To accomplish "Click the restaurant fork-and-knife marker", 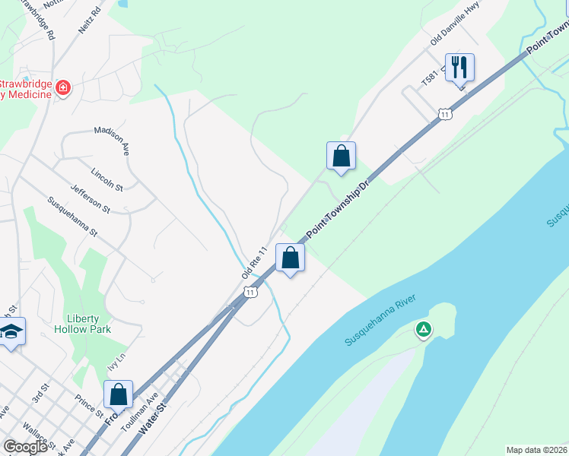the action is point(459,68).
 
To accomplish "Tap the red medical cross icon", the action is point(63,88).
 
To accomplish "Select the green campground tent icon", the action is point(424,330).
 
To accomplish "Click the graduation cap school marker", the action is point(11,332).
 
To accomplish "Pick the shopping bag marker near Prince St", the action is point(118,395).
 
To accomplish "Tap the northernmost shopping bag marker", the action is point(342,156).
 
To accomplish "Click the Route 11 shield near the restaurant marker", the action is point(445,114).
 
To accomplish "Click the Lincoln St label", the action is point(106,179).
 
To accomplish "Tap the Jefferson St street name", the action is point(90,198).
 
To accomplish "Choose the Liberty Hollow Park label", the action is point(83,323).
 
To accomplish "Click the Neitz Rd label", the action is point(89,22).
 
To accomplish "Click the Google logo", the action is point(25,447).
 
